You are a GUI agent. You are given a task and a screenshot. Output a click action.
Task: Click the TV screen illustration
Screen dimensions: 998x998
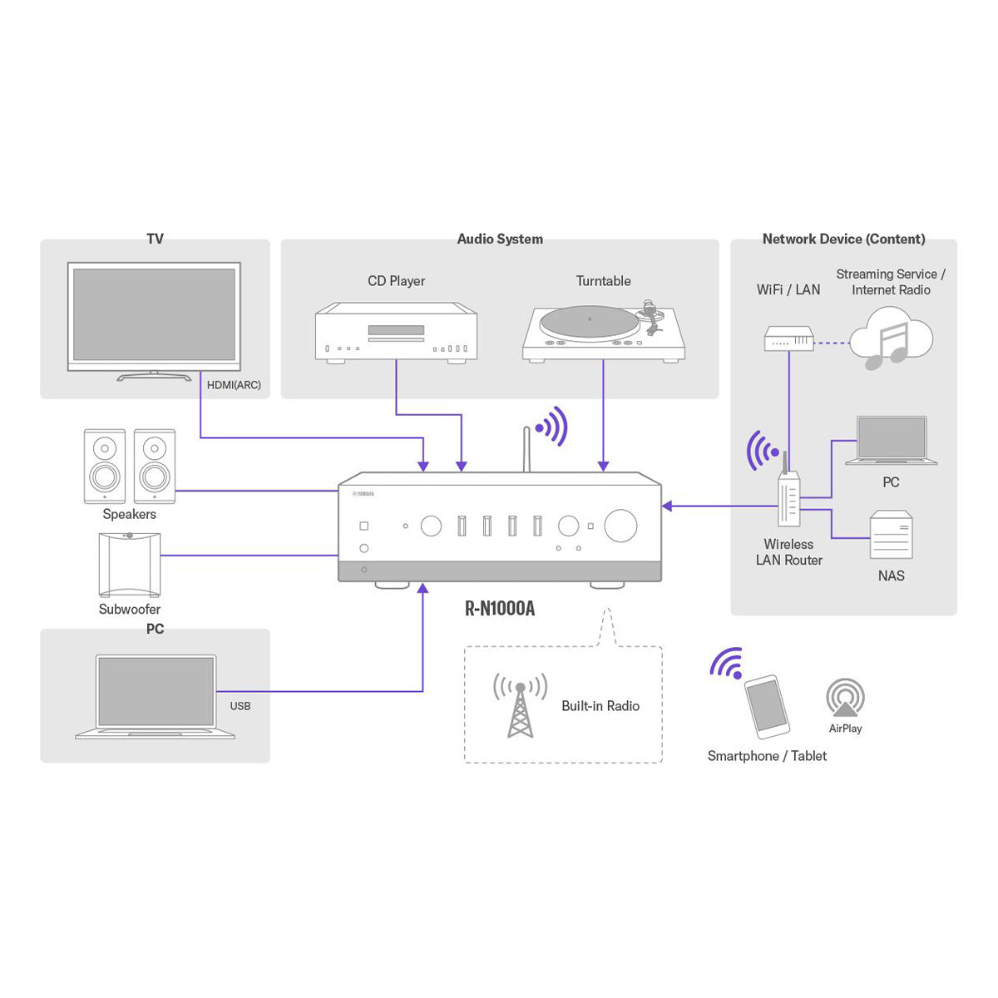point(154,314)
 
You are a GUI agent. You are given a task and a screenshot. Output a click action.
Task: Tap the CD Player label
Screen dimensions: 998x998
point(396,281)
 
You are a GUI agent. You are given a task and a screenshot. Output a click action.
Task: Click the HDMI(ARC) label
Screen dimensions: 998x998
point(234,385)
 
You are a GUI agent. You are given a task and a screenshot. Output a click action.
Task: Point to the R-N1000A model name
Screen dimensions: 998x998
point(500,609)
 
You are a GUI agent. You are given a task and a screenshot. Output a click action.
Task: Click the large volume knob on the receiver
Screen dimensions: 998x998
point(620,526)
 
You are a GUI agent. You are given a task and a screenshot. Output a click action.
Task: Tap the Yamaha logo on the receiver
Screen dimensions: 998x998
point(363,494)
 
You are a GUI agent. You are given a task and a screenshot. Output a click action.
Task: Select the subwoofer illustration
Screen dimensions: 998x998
point(129,564)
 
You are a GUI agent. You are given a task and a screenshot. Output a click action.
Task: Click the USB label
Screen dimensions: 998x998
point(240,706)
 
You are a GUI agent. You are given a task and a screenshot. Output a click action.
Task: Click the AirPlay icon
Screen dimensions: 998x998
point(845,697)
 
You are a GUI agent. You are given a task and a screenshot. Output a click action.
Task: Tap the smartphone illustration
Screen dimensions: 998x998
point(766,706)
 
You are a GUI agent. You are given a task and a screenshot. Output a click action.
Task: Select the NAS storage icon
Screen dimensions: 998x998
point(891,536)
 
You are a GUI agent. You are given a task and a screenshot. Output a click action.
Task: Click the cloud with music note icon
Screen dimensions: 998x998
point(890,338)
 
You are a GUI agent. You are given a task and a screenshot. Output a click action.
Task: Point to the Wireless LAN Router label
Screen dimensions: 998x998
point(788,552)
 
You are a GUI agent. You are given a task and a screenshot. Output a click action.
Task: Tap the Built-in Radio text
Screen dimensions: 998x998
point(600,706)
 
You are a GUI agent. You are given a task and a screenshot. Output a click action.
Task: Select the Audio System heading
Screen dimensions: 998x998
point(500,240)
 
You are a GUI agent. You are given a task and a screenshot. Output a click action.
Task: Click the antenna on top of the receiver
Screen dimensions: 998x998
point(526,449)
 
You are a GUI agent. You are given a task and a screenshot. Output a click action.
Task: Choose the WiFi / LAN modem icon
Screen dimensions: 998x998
point(788,339)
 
